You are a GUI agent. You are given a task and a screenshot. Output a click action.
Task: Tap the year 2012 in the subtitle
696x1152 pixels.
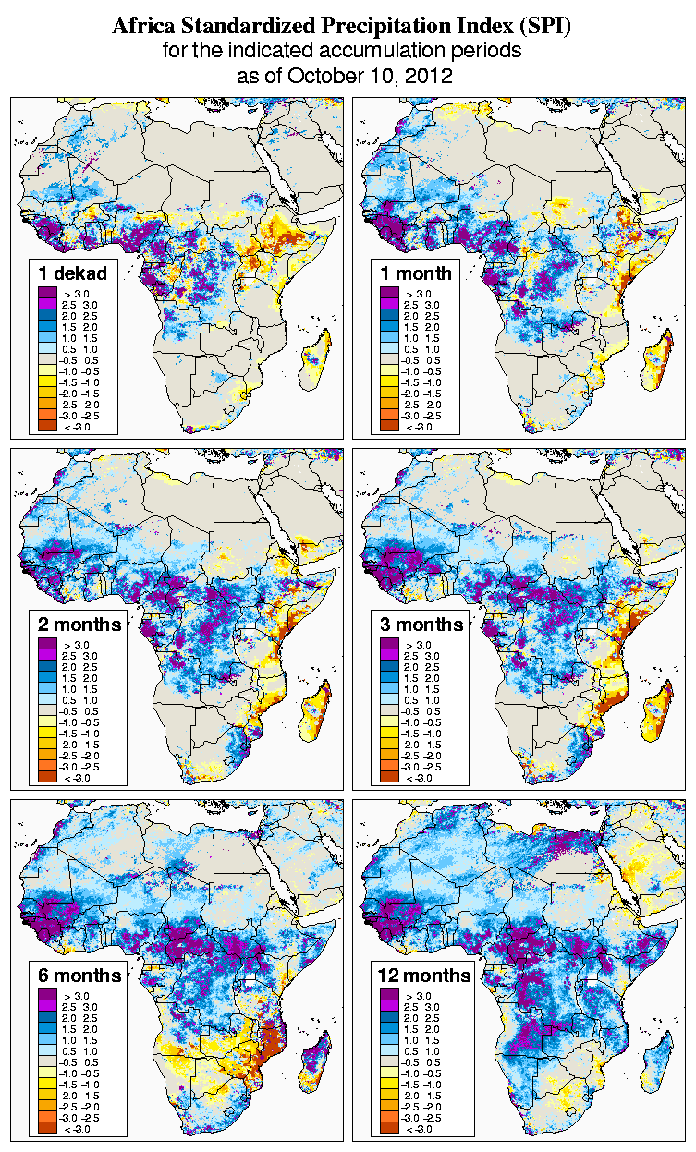[x=427, y=76]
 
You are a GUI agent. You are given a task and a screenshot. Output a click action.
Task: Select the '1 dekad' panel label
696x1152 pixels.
[x=73, y=273]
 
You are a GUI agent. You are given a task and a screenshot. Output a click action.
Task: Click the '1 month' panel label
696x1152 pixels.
[x=416, y=273]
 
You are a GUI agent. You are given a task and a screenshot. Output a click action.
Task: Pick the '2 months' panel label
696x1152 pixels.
[x=79, y=624]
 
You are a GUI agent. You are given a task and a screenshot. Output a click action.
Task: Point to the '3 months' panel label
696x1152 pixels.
[x=421, y=624]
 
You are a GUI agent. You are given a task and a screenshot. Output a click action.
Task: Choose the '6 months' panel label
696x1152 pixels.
[x=79, y=976]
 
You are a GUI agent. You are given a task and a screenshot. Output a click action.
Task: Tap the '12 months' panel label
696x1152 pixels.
[x=424, y=976]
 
